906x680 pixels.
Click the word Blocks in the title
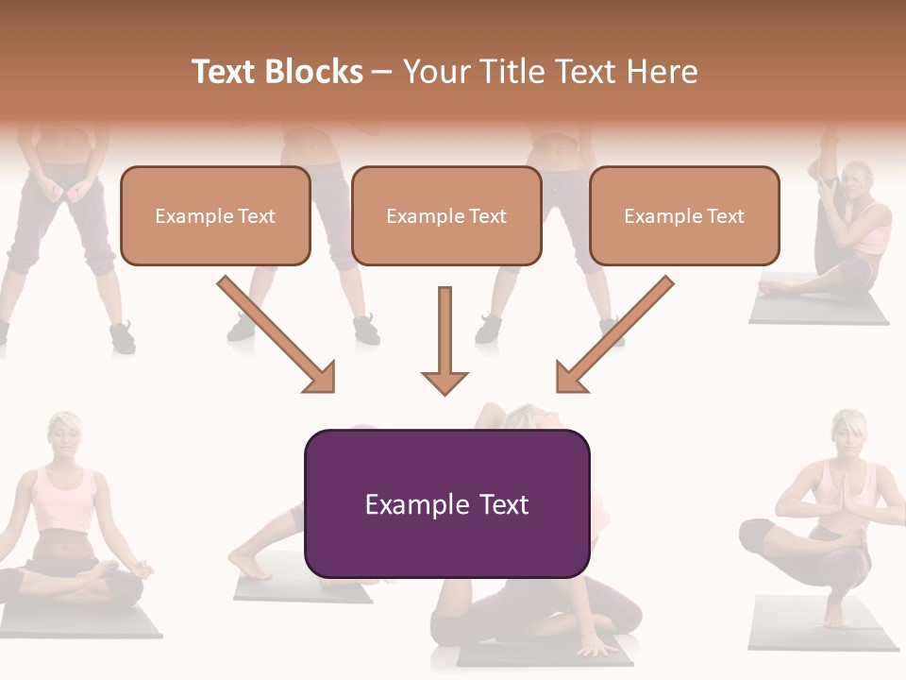click(x=313, y=72)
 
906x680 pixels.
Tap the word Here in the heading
click(x=660, y=72)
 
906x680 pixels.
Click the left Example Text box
click(x=215, y=216)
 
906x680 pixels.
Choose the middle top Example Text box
click(x=446, y=216)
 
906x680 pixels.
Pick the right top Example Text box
click(x=684, y=216)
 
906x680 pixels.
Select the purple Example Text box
click(x=446, y=504)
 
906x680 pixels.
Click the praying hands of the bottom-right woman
click(x=846, y=500)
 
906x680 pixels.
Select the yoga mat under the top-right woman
click(x=819, y=311)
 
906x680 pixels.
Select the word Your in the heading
click(x=437, y=72)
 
